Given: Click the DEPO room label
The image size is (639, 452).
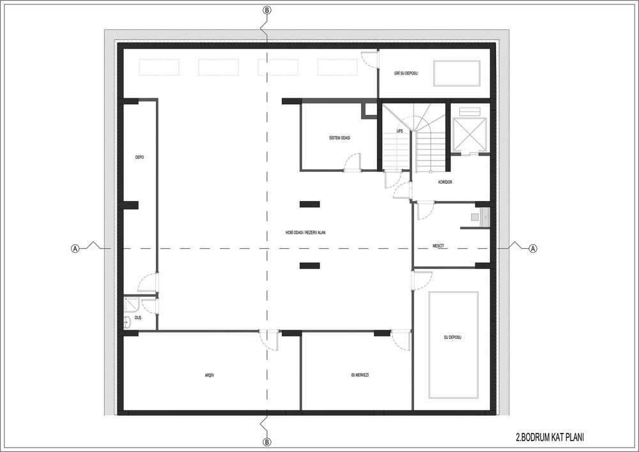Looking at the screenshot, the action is [x=139, y=157].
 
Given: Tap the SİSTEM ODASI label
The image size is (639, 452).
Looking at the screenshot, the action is [x=339, y=138].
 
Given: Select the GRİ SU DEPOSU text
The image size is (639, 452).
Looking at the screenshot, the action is [x=406, y=73].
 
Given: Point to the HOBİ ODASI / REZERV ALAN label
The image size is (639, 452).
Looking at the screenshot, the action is [x=305, y=233].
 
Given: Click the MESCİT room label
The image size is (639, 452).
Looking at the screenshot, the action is [x=438, y=246].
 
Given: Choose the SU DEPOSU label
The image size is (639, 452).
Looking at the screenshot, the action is [x=452, y=338].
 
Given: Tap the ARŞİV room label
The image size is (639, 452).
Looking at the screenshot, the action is [x=210, y=375].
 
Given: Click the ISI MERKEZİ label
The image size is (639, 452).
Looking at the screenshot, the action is [x=360, y=375].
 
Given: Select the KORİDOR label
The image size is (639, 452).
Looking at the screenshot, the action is [x=445, y=183].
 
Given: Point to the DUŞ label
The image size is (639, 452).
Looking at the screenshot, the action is [x=138, y=318].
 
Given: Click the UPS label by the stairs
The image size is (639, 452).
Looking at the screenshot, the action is [x=399, y=131].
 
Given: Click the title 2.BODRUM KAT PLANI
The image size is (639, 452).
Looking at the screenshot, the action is [x=550, y=438].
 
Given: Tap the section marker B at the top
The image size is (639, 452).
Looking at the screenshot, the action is [x=266, y=11].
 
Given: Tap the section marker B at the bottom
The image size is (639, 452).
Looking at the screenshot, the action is [x=266, y=442].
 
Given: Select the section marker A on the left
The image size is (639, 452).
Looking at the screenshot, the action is [x=75, y=248].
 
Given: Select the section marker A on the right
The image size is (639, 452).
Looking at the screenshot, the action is [x=533, y=248].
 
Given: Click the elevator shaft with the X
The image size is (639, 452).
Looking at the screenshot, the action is [x=470, y=134].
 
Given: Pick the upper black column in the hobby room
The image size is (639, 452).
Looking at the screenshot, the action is [x=310, y=204].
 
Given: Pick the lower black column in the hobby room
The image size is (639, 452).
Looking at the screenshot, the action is [x=310, y=266].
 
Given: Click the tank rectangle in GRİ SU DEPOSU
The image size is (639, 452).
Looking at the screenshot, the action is [x=457, y=73].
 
